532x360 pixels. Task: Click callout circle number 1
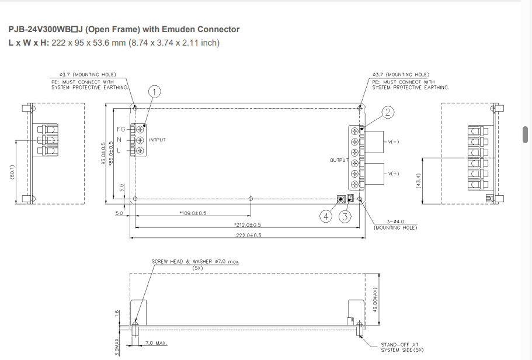[154, 91]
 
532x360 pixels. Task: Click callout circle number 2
[388, 111]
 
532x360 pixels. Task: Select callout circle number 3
[345, 217]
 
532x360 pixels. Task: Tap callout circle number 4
[326, 217]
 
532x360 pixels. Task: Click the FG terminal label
[120, 129]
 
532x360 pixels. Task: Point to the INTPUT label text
[158, 140]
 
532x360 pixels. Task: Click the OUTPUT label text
[339, 160]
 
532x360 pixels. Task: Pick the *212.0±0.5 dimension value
[247, 224]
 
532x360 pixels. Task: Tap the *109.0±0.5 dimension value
[193, 213]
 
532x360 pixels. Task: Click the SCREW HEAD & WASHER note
[196, 262]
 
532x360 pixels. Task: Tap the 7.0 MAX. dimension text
[154, 342]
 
